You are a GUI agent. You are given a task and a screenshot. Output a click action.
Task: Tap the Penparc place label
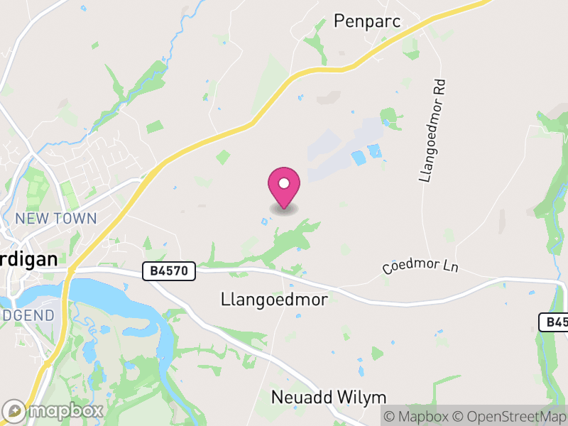[367, 21]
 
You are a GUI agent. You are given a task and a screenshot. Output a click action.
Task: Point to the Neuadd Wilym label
[329, 397]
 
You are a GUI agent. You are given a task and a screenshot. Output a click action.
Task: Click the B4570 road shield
[169, 271]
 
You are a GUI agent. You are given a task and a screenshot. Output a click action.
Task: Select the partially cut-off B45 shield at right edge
[555, 322]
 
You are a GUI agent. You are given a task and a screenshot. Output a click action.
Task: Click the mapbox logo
[54, 410]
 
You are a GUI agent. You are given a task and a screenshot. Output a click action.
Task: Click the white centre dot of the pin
[284, 182]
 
